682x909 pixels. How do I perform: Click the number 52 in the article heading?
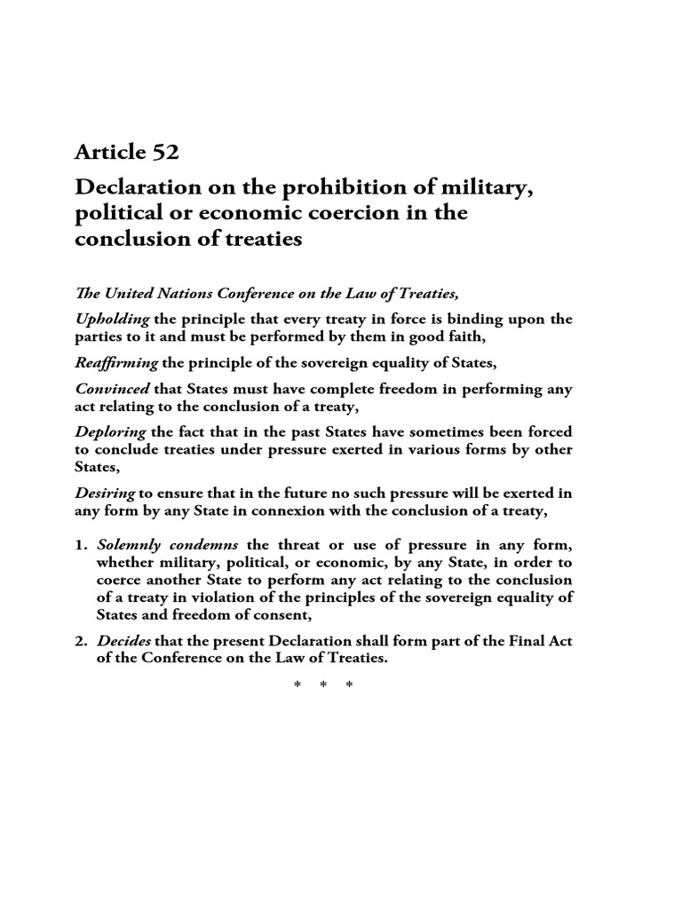(x=164, y=152)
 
